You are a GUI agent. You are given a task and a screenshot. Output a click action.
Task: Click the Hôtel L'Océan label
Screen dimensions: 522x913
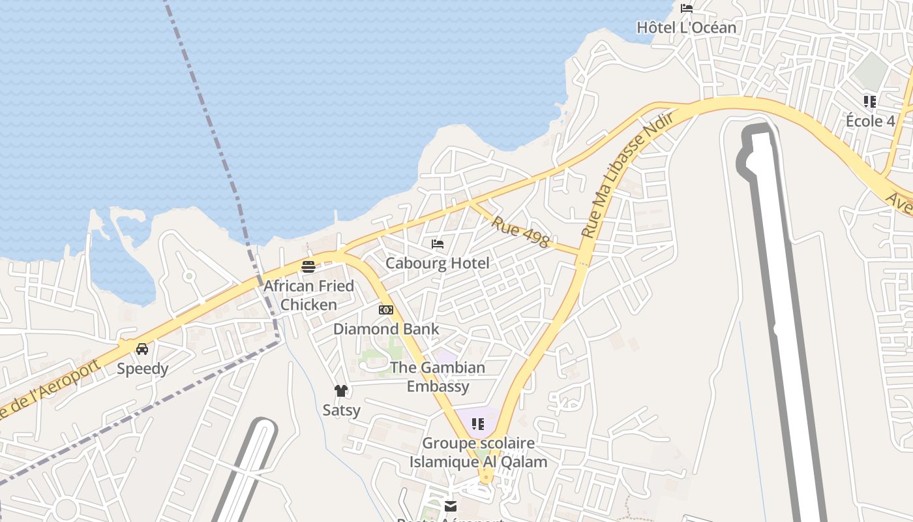coord(686,27)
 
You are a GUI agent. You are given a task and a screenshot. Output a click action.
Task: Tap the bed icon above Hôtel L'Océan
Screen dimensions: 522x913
coord(687,8)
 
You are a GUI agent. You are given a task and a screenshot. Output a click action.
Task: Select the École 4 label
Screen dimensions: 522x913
coord(870,121)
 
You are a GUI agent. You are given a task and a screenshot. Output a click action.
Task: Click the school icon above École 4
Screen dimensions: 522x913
coord(870,101)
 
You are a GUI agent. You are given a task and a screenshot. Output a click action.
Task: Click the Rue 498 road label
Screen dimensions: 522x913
coord(520,232)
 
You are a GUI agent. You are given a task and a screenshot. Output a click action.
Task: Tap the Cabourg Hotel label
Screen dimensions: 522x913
coord(437,263)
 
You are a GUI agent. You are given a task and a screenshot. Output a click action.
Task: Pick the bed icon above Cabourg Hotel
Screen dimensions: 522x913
coord(438,244)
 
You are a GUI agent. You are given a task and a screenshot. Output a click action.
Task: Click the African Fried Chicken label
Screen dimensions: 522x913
coord(308,295)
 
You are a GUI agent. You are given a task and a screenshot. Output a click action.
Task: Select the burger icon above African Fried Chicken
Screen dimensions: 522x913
coord(308,266)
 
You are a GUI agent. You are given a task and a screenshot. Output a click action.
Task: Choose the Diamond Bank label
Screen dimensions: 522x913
coord(386,329)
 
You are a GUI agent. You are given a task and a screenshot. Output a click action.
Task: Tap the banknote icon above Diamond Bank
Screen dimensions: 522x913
coord(386,310)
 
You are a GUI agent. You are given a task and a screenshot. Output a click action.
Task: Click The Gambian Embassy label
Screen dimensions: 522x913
coord(438,376)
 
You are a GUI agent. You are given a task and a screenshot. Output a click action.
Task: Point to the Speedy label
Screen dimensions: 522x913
coord(142,369)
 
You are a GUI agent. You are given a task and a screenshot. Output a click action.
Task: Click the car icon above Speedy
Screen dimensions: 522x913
coord(142,349)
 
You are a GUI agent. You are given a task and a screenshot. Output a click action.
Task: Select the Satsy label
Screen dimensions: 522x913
coord(341,410)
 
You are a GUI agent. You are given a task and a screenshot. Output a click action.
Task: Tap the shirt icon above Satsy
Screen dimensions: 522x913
coord(341,391)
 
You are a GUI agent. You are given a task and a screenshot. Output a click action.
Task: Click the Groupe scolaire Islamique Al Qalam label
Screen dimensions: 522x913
coord(478,452)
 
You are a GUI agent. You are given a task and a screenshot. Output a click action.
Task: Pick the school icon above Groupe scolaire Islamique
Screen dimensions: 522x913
coord(478,425)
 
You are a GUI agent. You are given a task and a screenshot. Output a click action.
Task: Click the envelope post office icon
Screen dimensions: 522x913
coord(450,506)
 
